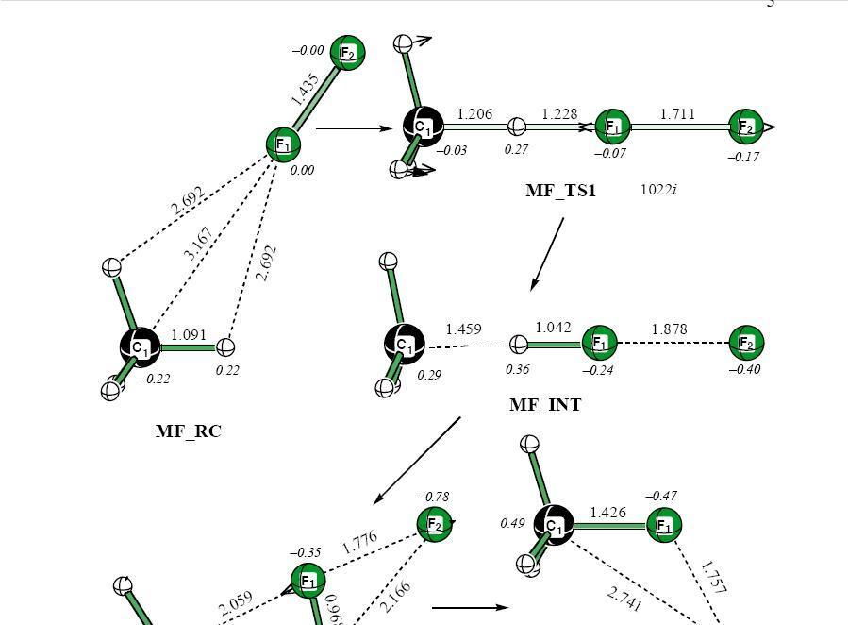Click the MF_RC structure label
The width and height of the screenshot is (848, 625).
pyautogui.click(x=188, y=431)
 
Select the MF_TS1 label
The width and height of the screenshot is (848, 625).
pyautogui.click(x=560, y=191)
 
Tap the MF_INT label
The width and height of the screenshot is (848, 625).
pyautogui.click(x=545, y=405)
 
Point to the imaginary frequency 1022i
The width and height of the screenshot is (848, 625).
pyautogui.click(x=658, y=190)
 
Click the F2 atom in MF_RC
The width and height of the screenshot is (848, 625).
pyautogui.click(x=347, y=53)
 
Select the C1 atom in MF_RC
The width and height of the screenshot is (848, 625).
pyautogui.click(x=141, y=347)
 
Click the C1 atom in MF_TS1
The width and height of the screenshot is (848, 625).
pyautogui.click(x=423, y=126)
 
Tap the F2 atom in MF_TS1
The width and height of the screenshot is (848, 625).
pyautogui.click(x=746, y=126)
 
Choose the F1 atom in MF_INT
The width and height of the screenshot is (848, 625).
pyautogui.click(x=599, y=342)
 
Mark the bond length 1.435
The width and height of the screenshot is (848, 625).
pyautogui.click(x=305, y=90)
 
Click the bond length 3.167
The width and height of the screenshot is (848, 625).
pyautogui.click(x=198, y=244)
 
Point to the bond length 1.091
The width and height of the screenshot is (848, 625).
pyautogui.click(x=189, y=334)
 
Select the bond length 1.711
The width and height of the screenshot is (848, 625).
pyautogui.click(x=677, y=114)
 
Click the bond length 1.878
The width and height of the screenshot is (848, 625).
pyautogui.click(x=669, y=329)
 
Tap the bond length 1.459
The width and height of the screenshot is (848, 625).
pyautogui.click(x=463, y=329)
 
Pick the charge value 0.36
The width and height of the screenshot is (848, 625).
pyautogui.click(x=517, y=370)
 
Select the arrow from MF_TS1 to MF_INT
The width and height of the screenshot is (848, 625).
pyautogui.click(x=547, y=253)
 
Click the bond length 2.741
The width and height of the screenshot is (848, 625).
pyautogui.click(x=624, y=599)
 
